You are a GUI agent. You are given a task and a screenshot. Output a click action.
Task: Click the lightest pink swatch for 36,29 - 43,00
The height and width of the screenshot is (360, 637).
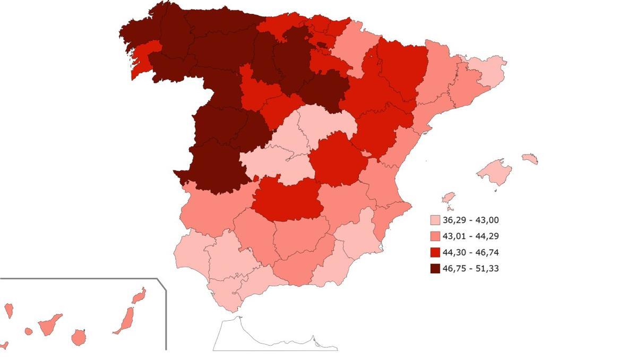435,220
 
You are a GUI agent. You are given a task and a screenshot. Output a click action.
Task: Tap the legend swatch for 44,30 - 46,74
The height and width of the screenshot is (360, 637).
435,252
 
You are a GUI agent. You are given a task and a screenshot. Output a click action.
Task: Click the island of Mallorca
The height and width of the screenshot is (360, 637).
495,171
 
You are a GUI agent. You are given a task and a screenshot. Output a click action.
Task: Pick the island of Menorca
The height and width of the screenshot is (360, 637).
530,158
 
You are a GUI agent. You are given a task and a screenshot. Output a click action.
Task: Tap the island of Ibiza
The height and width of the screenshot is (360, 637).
449,198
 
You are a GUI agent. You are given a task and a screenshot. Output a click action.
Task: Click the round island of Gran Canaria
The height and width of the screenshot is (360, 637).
79,337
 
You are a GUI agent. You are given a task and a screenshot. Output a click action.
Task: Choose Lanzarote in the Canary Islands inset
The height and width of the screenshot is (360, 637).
139,296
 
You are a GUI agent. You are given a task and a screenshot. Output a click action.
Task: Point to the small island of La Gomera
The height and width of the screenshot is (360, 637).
29,331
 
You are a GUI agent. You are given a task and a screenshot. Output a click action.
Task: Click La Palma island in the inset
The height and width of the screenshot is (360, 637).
9,311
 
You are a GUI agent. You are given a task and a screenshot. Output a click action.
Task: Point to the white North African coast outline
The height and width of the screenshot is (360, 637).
265,340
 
